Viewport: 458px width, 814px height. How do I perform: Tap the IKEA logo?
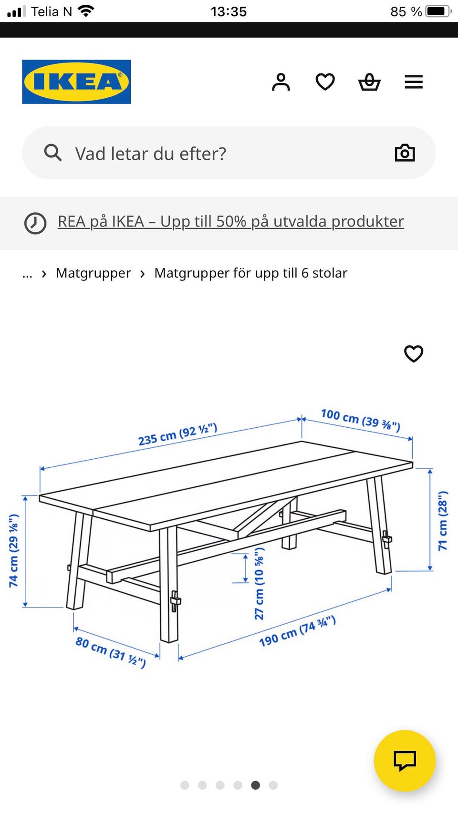pos(76,82)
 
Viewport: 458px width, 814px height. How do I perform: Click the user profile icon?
pos(281,82)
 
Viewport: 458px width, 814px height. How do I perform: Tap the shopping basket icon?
pos(369,82)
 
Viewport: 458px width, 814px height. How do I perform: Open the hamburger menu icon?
pos(414,82)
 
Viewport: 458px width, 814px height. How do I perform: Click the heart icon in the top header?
pos(325,82)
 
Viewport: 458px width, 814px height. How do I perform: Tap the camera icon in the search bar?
pos(405,153)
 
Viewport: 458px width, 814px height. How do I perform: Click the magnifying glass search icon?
pos(52,153)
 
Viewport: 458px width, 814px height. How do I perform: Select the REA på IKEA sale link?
pos(231,222)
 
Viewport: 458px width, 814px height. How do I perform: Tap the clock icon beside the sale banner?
pos(35,223)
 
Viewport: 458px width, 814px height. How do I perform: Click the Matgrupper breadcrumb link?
pos(94,273)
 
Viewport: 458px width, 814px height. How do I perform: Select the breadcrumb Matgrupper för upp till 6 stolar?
pos(251,273)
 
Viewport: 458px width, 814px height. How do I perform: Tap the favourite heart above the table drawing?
pos(414,353)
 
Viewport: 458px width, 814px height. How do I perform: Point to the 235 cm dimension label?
pos(178,434)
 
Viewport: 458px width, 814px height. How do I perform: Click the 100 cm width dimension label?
pos(361,420)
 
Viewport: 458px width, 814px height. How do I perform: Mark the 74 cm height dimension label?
pos(13,551)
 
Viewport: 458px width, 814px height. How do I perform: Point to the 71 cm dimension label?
pos(443,521)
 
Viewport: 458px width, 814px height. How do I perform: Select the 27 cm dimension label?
pos(259,583)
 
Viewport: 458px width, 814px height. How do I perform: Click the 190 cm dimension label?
pos(297,631)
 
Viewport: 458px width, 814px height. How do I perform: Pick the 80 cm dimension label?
pos(111,652)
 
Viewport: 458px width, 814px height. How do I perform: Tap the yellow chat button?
pos(405,761)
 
